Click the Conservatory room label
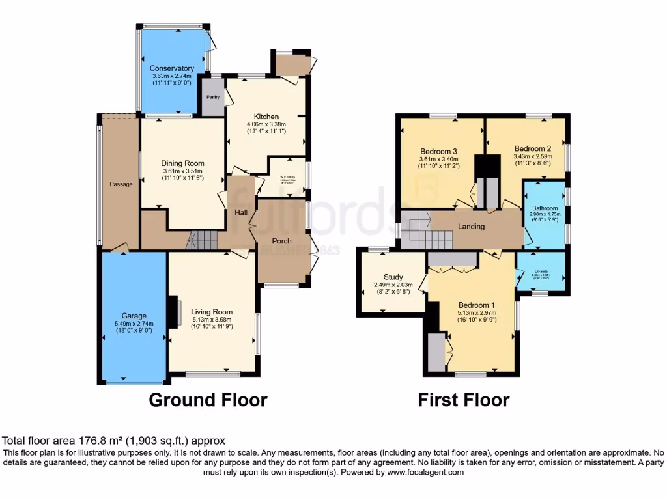[171, 68]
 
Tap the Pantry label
[212, 97]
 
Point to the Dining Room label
[184, 163]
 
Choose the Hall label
[240, 212]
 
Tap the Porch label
[281, 241]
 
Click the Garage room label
[134, 316]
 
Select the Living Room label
[212, 311]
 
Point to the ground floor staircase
[201, 242]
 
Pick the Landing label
[471, 227]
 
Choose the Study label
[393, 277]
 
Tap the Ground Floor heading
[208, 399]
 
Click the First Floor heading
[463, 399]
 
